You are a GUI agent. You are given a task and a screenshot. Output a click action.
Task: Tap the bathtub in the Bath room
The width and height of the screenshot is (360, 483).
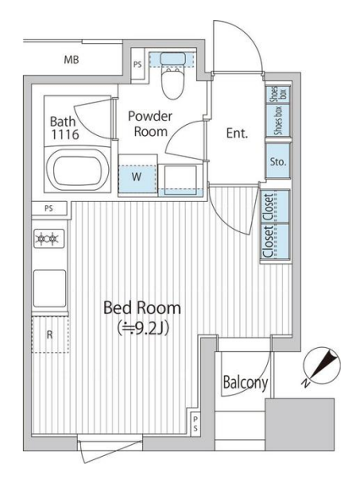[x=78, y=171]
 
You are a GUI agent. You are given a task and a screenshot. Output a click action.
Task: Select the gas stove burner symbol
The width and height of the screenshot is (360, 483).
[x=49, y=238]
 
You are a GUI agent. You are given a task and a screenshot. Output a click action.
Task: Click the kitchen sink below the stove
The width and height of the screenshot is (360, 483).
[x=49, y=288]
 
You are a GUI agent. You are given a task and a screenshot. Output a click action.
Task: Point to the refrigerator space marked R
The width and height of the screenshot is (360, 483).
[x=50, y=334]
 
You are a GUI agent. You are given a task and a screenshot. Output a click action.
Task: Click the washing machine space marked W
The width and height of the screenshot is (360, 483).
[x=137, y=179]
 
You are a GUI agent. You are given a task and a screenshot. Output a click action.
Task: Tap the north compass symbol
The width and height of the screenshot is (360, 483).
[x=321, y=366]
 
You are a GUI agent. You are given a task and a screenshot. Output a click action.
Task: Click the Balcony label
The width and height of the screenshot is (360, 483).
[x=245, y=383]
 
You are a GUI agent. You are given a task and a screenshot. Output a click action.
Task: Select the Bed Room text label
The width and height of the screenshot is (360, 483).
[x=142, y=307]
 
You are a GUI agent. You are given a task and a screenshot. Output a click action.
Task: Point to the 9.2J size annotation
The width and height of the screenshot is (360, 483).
[x=143, y=328]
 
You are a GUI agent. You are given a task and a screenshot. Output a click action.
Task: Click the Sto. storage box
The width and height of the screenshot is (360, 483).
[x=278, y=161]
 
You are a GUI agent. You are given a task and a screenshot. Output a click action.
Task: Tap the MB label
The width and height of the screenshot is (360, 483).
[x=71, y=59]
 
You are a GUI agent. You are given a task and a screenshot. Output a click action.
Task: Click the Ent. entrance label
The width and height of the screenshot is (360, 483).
[x=237, y=133]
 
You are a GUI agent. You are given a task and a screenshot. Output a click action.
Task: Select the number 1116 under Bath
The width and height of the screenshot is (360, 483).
[x=65, y=134]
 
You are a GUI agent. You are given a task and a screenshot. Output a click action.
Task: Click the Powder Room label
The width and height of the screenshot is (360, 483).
[x=150, y=124]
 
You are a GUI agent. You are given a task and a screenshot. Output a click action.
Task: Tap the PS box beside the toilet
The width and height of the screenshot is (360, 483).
[x=138, y=64]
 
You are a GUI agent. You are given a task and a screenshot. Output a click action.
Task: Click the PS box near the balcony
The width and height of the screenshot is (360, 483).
[x=195, y=424]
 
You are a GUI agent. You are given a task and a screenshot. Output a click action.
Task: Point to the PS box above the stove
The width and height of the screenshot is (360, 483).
[x=49, y=209]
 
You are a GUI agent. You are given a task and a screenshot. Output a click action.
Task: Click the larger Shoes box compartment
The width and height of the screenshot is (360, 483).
[x=278, y=121]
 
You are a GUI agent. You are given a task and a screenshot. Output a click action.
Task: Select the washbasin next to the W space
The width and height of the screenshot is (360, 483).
[x=180, y=180]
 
